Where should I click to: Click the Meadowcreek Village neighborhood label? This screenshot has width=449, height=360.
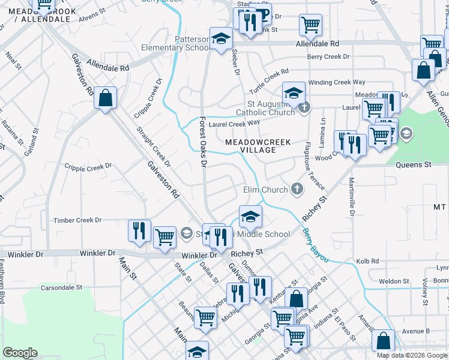[x=258, y=146]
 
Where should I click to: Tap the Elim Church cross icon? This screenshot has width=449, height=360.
[x=296, y=190]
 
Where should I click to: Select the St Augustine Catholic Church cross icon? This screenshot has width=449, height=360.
[x=304, y=109]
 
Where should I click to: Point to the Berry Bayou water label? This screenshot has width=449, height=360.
[x=315, y=244]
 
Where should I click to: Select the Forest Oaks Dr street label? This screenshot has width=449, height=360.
[x=203, y=142]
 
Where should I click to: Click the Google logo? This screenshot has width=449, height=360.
[x=20, y=353]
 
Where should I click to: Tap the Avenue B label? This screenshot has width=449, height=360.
[x=416, y=331]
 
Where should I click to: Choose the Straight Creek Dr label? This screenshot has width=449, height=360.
[x=153, y=146]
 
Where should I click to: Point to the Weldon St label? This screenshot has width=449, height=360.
[x=394, y=281]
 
